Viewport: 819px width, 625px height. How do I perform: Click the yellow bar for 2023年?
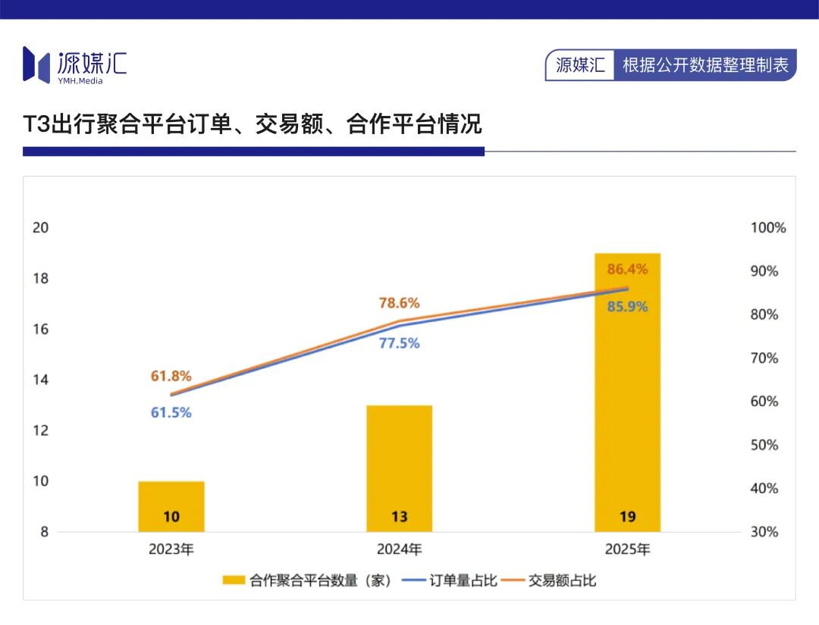click(x=171, y=507)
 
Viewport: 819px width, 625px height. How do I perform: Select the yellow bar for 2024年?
click(x=400, y=468)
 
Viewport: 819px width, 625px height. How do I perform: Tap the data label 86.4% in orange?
click(x=627, y=269)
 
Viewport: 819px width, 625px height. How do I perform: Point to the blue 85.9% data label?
click(x=627, y=306)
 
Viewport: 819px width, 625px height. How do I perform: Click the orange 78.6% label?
click(x=400, y=303)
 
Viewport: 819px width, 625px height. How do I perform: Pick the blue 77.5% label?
click(x=400, y=343)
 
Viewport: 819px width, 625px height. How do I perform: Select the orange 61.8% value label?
click(x=171, y=377)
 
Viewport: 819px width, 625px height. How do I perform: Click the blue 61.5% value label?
click(x=171, y=413)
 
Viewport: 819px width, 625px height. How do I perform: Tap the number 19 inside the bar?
click(x=627, y=517)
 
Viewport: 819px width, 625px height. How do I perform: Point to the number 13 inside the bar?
click(x=400, y=517)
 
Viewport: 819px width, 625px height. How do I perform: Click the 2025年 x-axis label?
click(x=627, y=549)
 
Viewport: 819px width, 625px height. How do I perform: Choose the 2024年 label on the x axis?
click(x=400, y=549)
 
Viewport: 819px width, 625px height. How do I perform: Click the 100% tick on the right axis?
click(x=768, y=228)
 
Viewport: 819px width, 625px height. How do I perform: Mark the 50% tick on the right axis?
click(x=764, y=445)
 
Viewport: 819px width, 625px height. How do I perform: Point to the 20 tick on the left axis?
click(x=41, y=228)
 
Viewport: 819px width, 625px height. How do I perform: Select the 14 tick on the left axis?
click(x=41, y=380)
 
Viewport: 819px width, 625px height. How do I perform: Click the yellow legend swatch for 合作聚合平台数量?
click(x=234, y=580)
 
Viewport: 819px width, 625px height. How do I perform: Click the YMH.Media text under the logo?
click(x=80, y=81)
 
